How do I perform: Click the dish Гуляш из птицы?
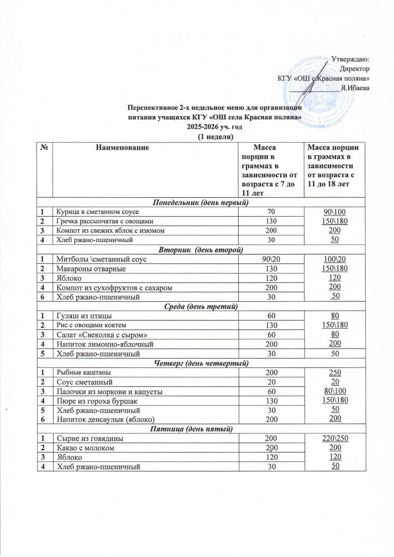pyautogui.click(x=82, y=316)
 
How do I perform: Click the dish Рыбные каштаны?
pyautogui.click(x=83, y=372)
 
